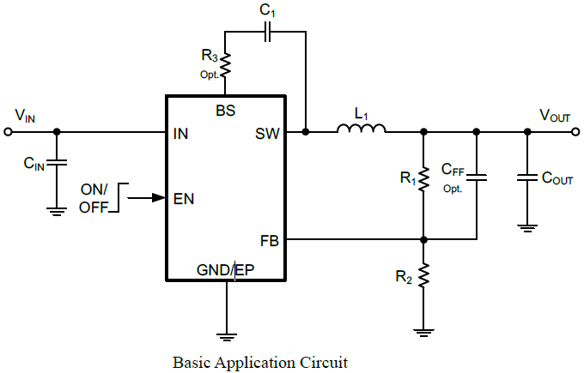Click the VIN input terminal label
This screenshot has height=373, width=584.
click(24, 116)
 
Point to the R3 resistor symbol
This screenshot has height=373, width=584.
click(225, 65)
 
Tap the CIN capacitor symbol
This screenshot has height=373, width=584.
click(57, 164)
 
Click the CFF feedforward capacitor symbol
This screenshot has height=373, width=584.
click(477, 178)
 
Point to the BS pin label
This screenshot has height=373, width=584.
click(226, 111)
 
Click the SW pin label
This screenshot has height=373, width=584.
click(267, 134)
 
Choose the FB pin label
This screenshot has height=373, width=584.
click(270, 239)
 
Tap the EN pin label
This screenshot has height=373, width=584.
click(184, 198)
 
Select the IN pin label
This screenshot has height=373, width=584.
click(180, 134)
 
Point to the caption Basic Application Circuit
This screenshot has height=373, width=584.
click(260, 362)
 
